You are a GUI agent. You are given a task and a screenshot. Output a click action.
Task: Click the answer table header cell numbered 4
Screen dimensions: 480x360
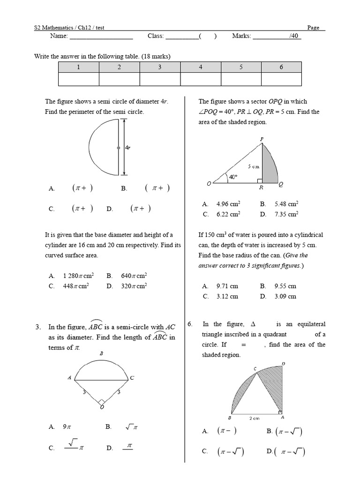[x=201, y=67]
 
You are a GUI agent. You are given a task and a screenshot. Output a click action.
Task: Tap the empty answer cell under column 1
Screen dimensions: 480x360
[x=78, y=80]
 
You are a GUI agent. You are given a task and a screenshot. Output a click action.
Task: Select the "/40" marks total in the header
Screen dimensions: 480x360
[x=294, y=36]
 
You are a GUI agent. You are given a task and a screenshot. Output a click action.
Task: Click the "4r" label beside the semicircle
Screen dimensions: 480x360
[x=127, y=147]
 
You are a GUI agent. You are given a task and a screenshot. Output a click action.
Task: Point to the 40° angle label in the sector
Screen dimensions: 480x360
[x=233, y=177]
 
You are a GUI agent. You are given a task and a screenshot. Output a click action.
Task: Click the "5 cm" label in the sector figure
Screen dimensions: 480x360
[x=253, y=166]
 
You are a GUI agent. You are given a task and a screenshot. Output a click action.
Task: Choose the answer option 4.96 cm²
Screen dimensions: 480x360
[x=228, y=204]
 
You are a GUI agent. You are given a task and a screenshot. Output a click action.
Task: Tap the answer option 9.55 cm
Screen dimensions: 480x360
[x=285, y=286]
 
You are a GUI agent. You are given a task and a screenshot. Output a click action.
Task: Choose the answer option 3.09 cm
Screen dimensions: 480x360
[x=285, y=296]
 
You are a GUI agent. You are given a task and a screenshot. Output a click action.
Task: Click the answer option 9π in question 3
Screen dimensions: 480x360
[x=66, y=427]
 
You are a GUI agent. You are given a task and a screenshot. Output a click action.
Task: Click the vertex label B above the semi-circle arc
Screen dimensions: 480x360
[x=102, y=354]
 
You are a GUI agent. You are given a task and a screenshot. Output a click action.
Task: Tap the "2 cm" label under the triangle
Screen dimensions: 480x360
[x=254, y=418]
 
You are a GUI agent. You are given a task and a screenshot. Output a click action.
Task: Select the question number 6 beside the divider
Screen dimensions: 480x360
[x=190, y=324]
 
